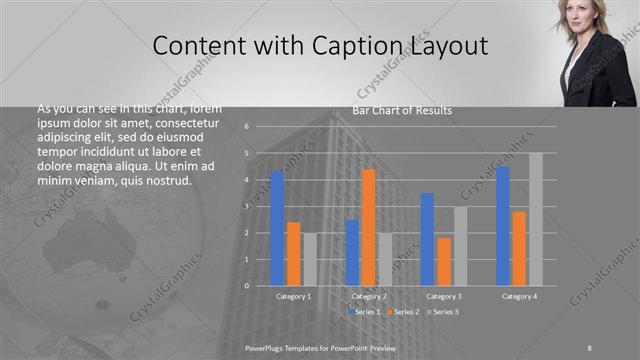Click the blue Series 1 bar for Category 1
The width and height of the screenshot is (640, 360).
(x=277, y=229)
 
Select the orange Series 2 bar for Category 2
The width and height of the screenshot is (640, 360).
(x=368, y=227)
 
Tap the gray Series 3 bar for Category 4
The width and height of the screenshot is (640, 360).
(x=536, y=219)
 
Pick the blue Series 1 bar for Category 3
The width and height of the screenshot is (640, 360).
(x=427, y=239)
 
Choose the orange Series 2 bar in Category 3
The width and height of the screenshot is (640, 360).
(x=443, y=261)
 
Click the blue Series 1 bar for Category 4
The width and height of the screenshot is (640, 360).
(x=502, y=226)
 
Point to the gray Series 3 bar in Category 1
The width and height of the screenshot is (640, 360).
(x=309, y=259)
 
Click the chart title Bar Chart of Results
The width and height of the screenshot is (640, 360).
(x=402, y=110)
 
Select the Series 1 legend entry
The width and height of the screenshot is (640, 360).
(x=364, y=312)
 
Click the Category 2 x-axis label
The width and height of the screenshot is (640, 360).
(x=369, y=296)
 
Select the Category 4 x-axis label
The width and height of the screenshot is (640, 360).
(x=519, y=296)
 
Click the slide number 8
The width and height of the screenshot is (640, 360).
(x=589, y=346)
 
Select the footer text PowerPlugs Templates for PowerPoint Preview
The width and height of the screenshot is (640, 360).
(x=321, y=346)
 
